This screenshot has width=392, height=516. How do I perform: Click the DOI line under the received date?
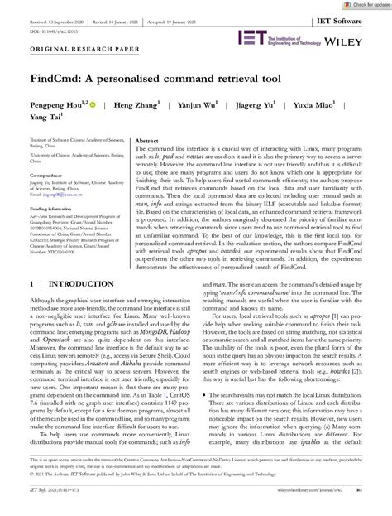click(50, 27)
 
